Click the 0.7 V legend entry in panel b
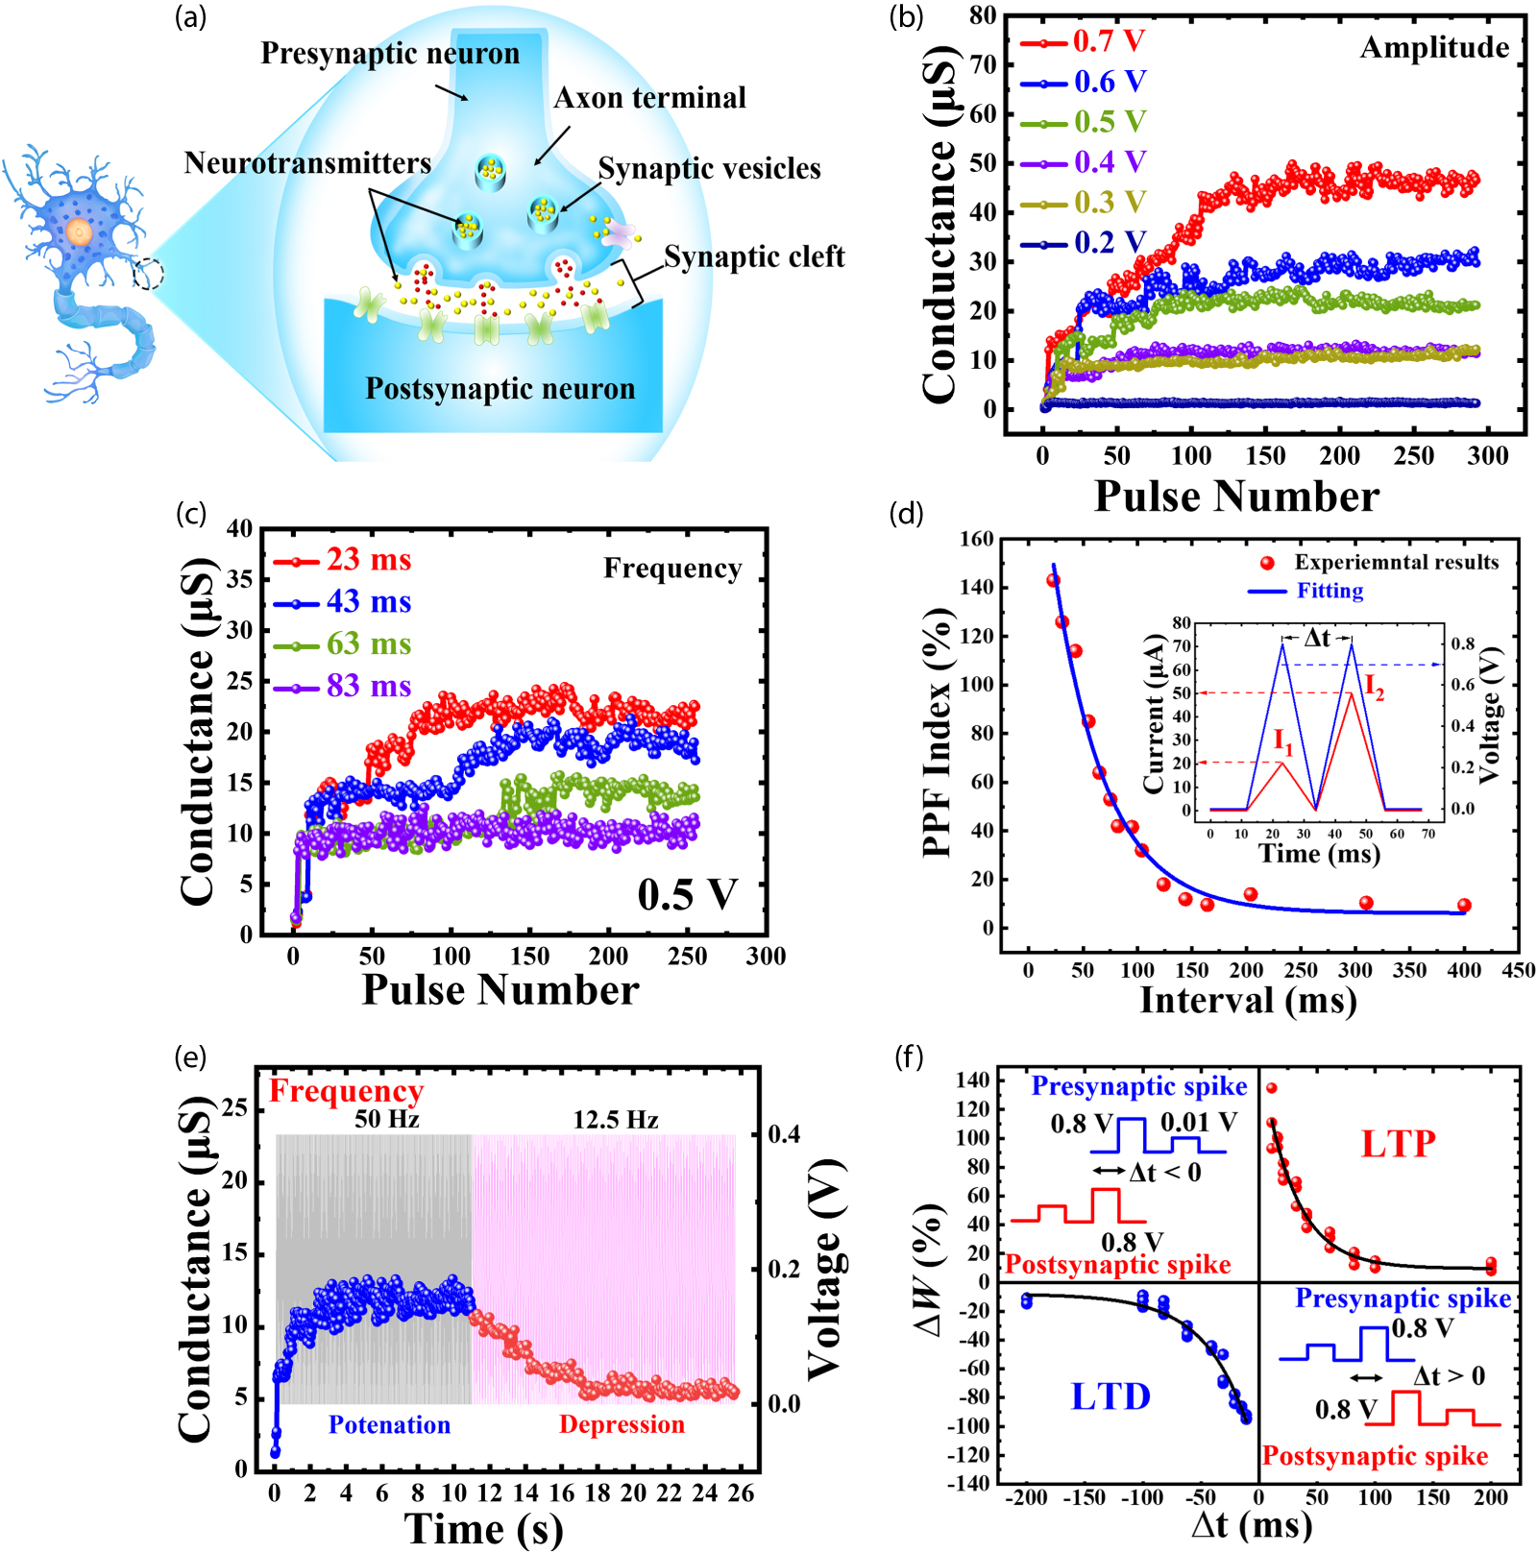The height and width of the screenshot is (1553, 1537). click(x=1108, y=41)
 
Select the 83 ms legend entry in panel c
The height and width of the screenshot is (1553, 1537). click(x=368, y=686)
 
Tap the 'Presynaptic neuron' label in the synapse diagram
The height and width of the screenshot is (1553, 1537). click(x=390, y=53)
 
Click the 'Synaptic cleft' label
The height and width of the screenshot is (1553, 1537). click(x=754, y=256)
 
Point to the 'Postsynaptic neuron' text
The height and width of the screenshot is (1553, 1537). click(x=500, y=388)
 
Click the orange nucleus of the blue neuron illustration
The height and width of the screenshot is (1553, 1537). click(x=79, y=231)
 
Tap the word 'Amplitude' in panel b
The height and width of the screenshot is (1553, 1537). click(x=1434, y=47)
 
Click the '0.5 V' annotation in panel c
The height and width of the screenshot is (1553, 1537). click(x=687, y=894)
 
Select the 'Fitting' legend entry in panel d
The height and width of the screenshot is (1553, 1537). click(x=1330, y=591)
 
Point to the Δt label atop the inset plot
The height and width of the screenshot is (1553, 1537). click(x=1317, y=638)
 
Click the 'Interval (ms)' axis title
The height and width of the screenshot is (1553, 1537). click(x=1248, y=1000)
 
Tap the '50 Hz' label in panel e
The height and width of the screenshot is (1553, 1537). click(x=386, y=1119)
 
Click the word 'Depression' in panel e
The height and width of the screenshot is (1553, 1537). click(x=622, y=1424)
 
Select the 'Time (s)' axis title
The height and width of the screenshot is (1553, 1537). click(x=483, y=1528)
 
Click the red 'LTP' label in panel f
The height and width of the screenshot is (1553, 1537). click(x=1398, y=1144)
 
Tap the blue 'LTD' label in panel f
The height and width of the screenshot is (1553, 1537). click(x=1110, y=1396)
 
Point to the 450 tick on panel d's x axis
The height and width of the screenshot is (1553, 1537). click(x=1518, y=970)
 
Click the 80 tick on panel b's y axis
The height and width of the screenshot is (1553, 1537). click(x=983, y=15)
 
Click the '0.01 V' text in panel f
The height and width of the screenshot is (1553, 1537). click(x=1198, y=1122)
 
